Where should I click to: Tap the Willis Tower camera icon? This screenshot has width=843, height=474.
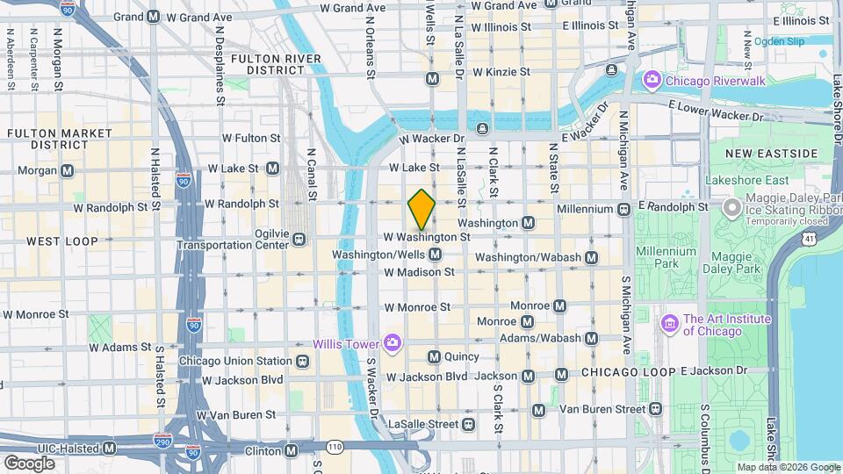tap(392, 341)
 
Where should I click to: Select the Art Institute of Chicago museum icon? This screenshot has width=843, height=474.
tap(671, 325)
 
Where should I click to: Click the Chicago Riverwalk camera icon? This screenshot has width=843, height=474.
tap(652, 81)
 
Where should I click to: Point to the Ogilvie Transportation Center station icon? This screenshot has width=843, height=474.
tap(299, 239)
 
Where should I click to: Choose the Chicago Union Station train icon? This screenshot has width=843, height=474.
tap(302, 361)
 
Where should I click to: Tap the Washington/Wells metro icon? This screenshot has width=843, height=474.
tap(434, 255)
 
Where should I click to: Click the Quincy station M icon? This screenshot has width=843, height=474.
tap(434, 356)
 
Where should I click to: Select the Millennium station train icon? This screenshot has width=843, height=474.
tap(623, 209)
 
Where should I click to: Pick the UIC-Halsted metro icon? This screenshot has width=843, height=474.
tap(109, 448)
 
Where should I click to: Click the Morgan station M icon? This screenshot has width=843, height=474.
tap(67, 169)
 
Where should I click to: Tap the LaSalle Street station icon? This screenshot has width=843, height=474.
tap(469, 424)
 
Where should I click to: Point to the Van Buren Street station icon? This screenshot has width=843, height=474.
tap(538, 409)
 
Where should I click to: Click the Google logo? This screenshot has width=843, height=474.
tap(29, 462)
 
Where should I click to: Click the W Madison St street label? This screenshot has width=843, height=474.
tap(419, 272)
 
